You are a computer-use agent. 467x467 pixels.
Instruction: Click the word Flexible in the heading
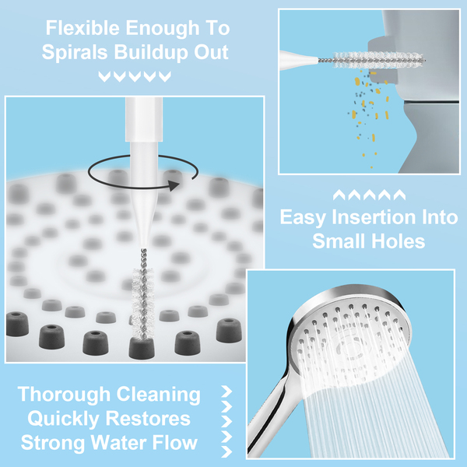click(x=83, y=28)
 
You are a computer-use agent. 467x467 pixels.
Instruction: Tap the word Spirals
click(x=75, y=53)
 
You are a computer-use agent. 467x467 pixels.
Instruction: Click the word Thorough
click(x=65, y=395)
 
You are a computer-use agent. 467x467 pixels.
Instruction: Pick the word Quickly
click(x=64, y=420)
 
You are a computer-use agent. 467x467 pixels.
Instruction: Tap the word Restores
click(x=148, y=419)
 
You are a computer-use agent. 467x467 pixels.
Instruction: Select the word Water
click(x=118, y=442)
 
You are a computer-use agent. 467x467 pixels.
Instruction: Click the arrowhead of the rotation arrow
click(x=174, y=185)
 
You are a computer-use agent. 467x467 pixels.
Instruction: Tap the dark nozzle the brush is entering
click(x=142, y=348)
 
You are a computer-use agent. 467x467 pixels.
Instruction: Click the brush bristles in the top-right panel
click(x=378, y=60)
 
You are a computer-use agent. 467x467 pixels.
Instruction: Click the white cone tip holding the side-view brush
click(x=299, y=60)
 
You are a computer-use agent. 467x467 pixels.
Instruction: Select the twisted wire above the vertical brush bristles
click(x=144, y=258)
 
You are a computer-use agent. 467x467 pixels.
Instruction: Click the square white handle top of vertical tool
click(x=144, y=119)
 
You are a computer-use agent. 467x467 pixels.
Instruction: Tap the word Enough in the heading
click(x=162, y=29)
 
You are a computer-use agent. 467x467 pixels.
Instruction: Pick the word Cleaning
click(x=159, y=395)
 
